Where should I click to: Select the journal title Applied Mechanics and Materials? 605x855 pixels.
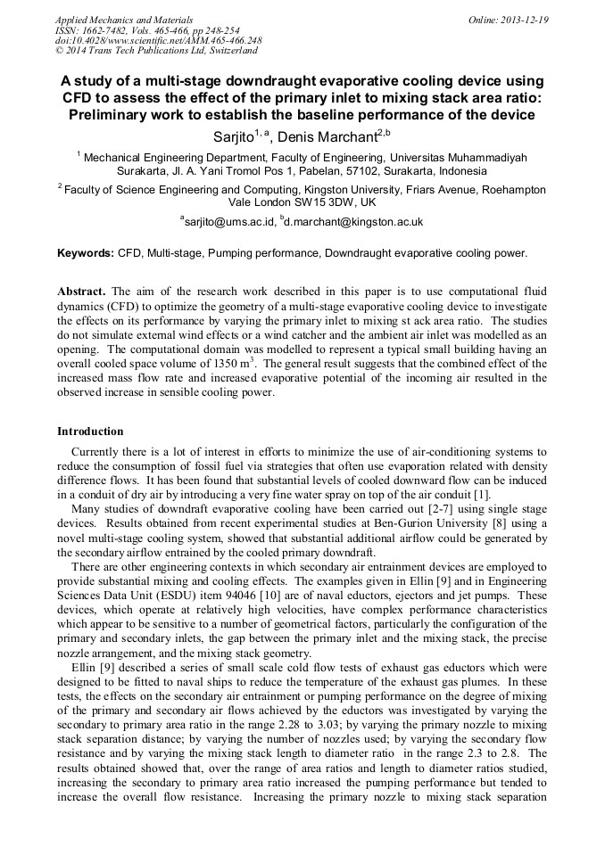pyautogui.click(x=112, y=19)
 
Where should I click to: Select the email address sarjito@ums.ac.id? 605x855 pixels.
pyautogui.click(x=227, y=221)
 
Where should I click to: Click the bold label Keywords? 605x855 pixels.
pyautogui.click(x=86, y=253)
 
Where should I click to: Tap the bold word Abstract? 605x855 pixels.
pyautogui.click(x=81, y=292)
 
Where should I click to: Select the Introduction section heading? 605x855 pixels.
pyautogui.click(x=90, y=432)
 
